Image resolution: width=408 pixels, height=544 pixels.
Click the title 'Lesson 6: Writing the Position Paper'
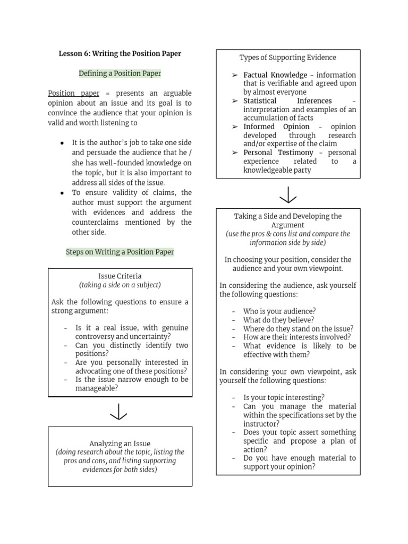click(x=120, y=54)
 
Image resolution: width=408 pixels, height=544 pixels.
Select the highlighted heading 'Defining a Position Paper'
click(x=120, y=73)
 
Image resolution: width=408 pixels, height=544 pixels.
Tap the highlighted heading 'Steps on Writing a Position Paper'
click(x=120, y=252)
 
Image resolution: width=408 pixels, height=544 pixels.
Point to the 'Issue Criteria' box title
click(x=120, y=276)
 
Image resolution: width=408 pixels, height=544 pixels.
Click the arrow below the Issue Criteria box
click(x=118, y=412)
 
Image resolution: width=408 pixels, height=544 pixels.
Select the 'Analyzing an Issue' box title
click(x=120, y=444)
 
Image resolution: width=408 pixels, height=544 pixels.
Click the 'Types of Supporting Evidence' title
click(x=287, y=57)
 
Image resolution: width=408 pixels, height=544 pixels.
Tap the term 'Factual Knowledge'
click(x=275, y=75)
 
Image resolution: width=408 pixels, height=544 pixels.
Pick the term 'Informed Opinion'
click(x=276, y=126)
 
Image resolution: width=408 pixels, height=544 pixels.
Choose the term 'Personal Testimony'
click(x=278, y=152)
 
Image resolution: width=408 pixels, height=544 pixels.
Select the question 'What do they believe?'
click(x=278, y=320)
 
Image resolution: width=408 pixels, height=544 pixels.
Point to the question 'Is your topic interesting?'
click(x=284, y=397)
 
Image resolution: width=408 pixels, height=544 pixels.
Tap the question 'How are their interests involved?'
click(x=297, y=337)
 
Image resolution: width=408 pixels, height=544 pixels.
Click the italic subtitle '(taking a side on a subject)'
click(x=120, y=285)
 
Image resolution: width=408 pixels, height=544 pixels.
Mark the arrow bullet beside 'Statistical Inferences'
click(x=235, y=101)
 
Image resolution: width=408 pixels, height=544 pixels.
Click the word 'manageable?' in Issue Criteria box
click(x=96, y=388)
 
